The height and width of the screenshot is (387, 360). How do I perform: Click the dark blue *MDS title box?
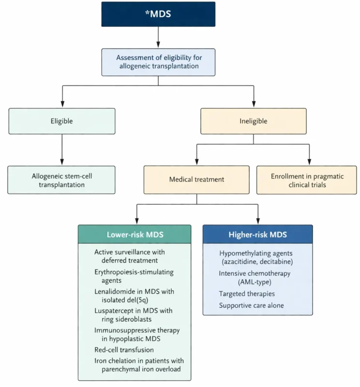[158, 14]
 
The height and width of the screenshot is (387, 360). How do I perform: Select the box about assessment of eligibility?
[158, 61]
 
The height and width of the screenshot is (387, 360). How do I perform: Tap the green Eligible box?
[61, 121]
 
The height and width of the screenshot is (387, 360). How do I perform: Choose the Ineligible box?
[254, 121]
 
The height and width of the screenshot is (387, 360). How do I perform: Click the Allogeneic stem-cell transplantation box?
[61, 179]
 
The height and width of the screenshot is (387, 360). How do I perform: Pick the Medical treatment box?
[196, 179]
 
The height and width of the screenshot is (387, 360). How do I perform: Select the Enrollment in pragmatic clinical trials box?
[306, 179]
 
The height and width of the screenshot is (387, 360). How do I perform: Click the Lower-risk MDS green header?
[135, 235]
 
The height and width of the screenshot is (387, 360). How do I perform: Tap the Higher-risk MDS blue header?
[257, 235]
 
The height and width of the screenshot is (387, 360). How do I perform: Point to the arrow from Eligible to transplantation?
[61, 150]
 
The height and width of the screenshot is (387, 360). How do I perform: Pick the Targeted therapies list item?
[247, 294]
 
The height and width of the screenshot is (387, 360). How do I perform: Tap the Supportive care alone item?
[251, 305]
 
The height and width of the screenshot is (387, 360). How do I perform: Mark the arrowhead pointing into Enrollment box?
[309, 163]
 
